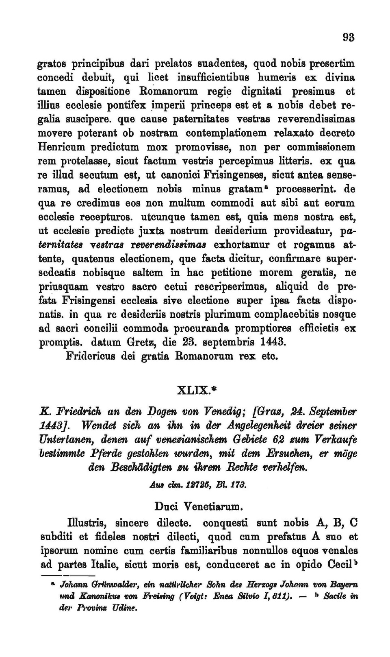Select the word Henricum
click(x=64, y=147)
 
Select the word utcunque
click(x=164, y=216)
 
